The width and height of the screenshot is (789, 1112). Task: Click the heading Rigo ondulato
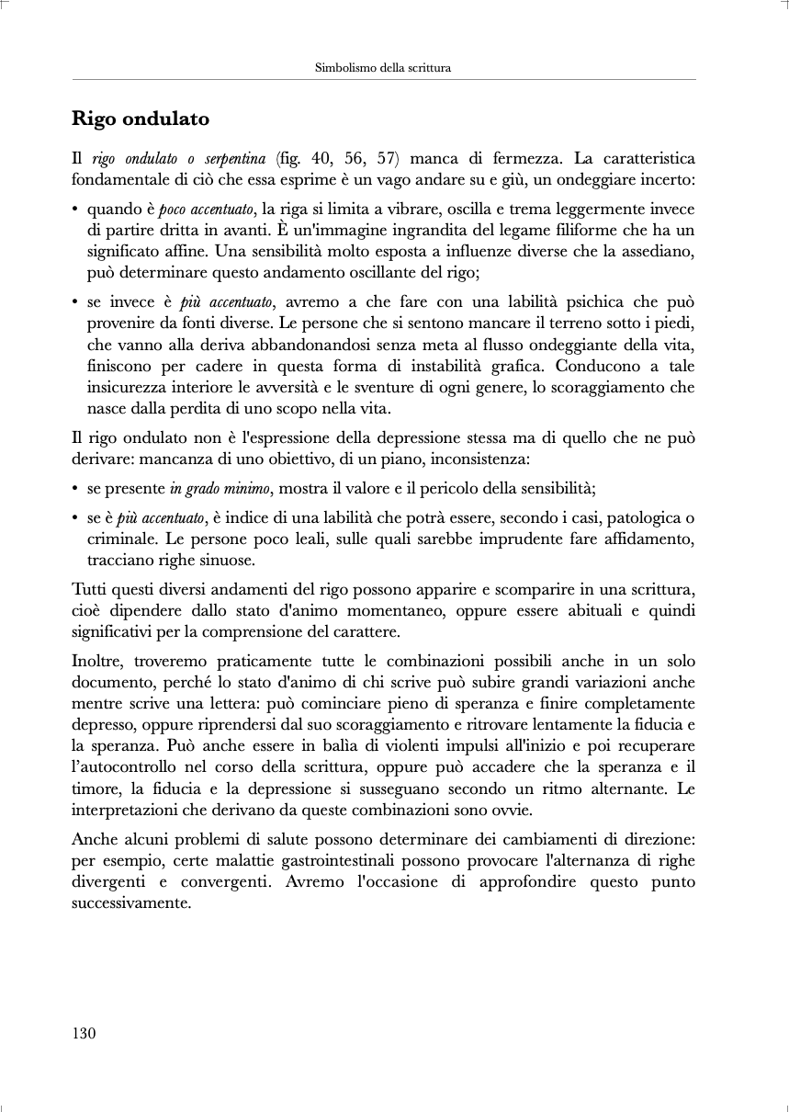coord(141,119)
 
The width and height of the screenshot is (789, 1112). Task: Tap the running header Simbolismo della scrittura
coord(383,68)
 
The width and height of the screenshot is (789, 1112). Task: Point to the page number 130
coord(84,1033)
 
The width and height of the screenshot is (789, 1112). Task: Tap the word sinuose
coord(224,560)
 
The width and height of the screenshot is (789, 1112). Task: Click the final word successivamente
coord(130,902)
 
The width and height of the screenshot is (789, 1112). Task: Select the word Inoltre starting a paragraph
coord(96,662)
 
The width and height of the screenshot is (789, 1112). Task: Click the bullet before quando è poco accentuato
coord(74,210)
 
